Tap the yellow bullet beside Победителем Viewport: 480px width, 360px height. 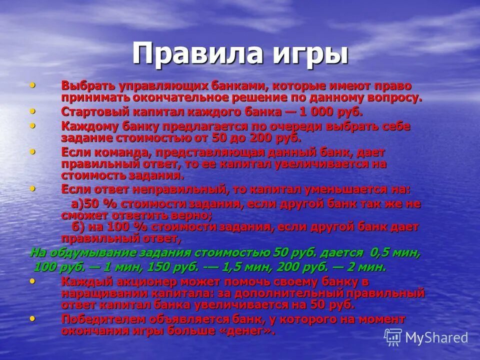(x=32, y=318)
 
